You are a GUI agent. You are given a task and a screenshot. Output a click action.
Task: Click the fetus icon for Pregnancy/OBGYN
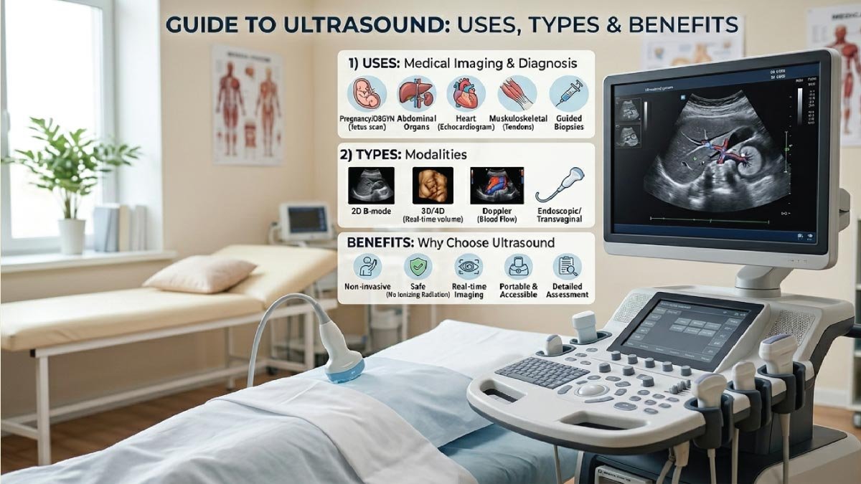[x=367, y=94]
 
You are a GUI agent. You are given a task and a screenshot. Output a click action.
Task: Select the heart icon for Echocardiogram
[x=466, y=94]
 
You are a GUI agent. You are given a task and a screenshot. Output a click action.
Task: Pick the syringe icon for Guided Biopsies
[x=568, y=94]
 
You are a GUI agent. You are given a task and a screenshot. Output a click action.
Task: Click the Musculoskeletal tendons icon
[x=517, y=94]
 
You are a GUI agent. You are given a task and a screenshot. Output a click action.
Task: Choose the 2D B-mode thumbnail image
[x=370, y=185]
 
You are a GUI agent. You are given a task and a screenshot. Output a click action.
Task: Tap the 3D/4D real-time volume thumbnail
[x=433, y=185]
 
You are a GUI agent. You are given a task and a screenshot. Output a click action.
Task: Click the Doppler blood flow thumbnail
[x=497, y=185]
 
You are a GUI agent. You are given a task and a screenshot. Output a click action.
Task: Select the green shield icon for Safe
[x=417, y=267]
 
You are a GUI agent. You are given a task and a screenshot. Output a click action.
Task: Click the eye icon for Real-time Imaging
[x=468, y=267]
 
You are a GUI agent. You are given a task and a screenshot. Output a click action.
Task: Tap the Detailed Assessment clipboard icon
[x=567, y=267]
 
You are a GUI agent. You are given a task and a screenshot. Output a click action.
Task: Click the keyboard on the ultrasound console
[x=532, y=372]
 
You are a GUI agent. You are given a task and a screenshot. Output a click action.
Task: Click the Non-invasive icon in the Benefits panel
[x=367, y=267]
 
